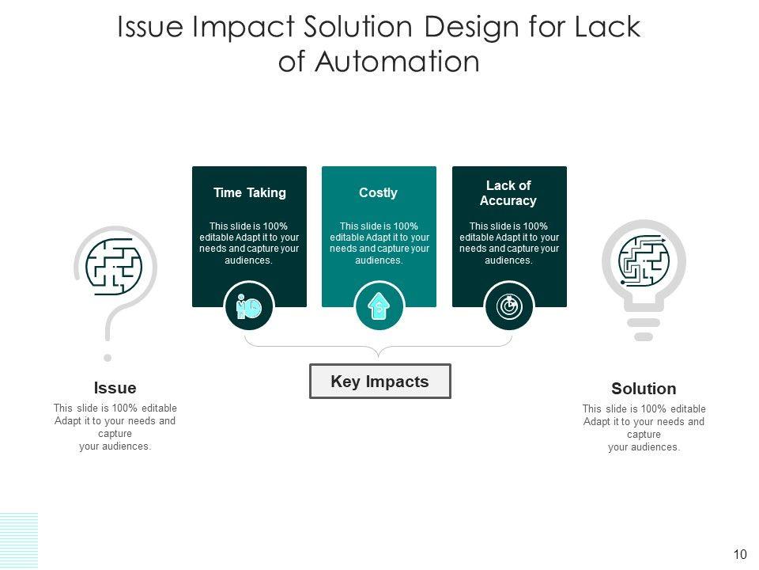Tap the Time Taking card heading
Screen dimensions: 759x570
click(249, 193)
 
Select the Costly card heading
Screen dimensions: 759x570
click(378, 193)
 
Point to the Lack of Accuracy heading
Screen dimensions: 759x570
click(508, 193)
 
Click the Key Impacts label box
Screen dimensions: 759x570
click(379, 382)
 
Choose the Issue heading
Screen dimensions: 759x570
click(115, 388)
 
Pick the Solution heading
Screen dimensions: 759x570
click(644, 389)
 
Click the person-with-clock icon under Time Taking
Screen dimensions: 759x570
click(248, 307)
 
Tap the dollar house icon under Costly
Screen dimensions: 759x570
click(379, 307)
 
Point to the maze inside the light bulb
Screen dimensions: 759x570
click(644, 259)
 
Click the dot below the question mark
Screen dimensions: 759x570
click(108, 357)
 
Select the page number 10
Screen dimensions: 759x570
click(740, 554)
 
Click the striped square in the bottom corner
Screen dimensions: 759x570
click(18, 540)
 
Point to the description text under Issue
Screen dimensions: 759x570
click(115, 427)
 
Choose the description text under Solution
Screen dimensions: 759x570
click(644, 428)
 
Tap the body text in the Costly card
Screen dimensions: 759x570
click(379, 243)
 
